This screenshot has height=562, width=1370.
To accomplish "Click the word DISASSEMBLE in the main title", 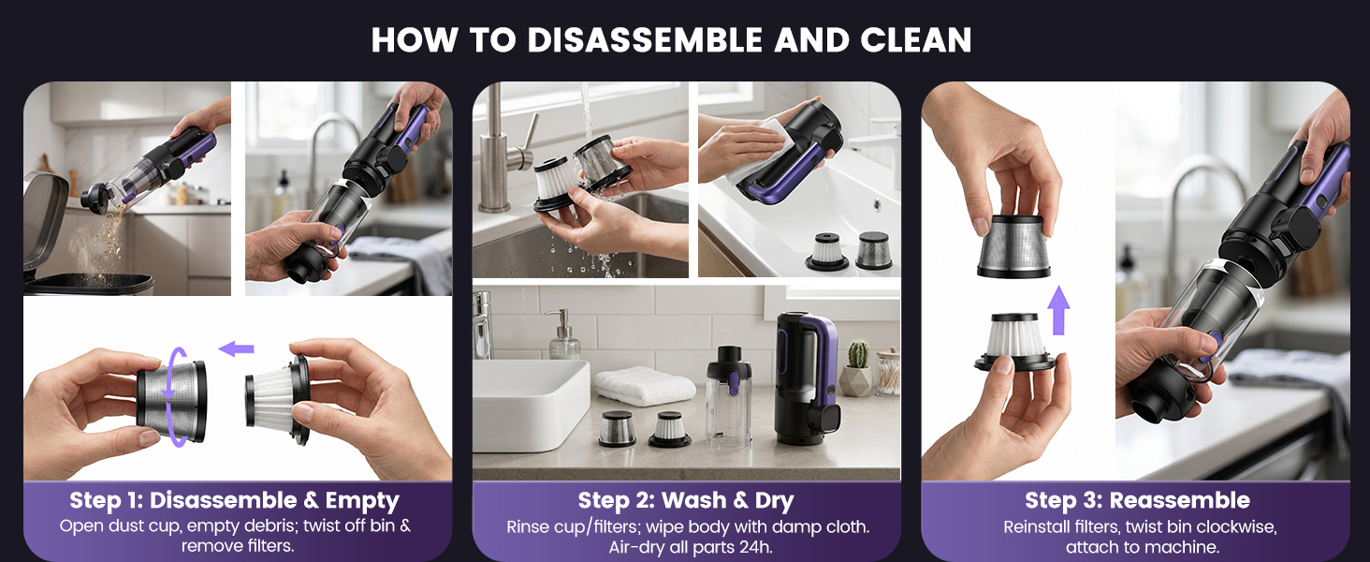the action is [x=645, y=40].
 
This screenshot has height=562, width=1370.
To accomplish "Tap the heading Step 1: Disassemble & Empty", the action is [x=234, y=500].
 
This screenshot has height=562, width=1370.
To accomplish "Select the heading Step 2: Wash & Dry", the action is [x=686, y=501].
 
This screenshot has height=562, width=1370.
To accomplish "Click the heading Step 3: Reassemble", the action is [x=1138, y=500].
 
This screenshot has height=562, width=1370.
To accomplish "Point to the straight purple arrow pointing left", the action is [x=236, y=349].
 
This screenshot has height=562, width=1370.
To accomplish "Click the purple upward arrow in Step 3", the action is [x=1058, y=310].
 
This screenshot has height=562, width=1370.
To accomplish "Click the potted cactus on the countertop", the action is [x=857, y=368].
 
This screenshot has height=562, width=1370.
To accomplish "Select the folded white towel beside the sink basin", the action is [x=644, y=386].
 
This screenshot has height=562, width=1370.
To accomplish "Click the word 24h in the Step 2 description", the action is [x=755, y=547].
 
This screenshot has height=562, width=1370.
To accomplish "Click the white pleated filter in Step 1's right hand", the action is [x=278, y=398].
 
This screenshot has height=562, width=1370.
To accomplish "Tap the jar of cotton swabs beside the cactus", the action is [x=888, y=372].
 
